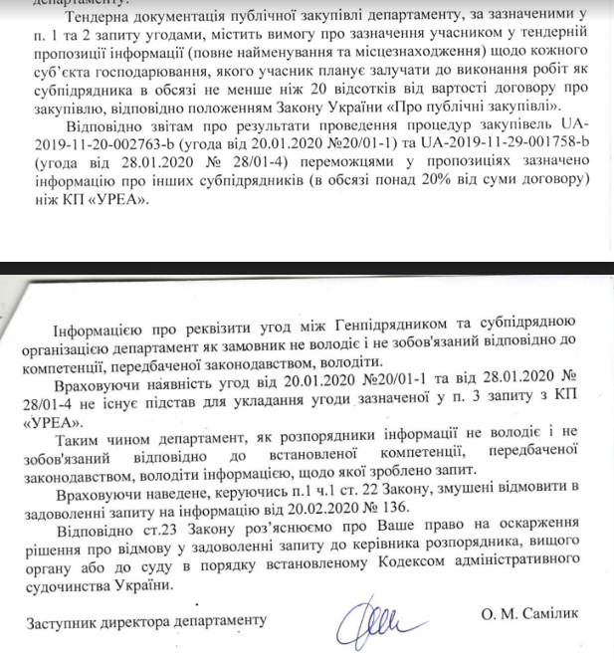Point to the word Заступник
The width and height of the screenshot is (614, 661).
click(61, 621)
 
